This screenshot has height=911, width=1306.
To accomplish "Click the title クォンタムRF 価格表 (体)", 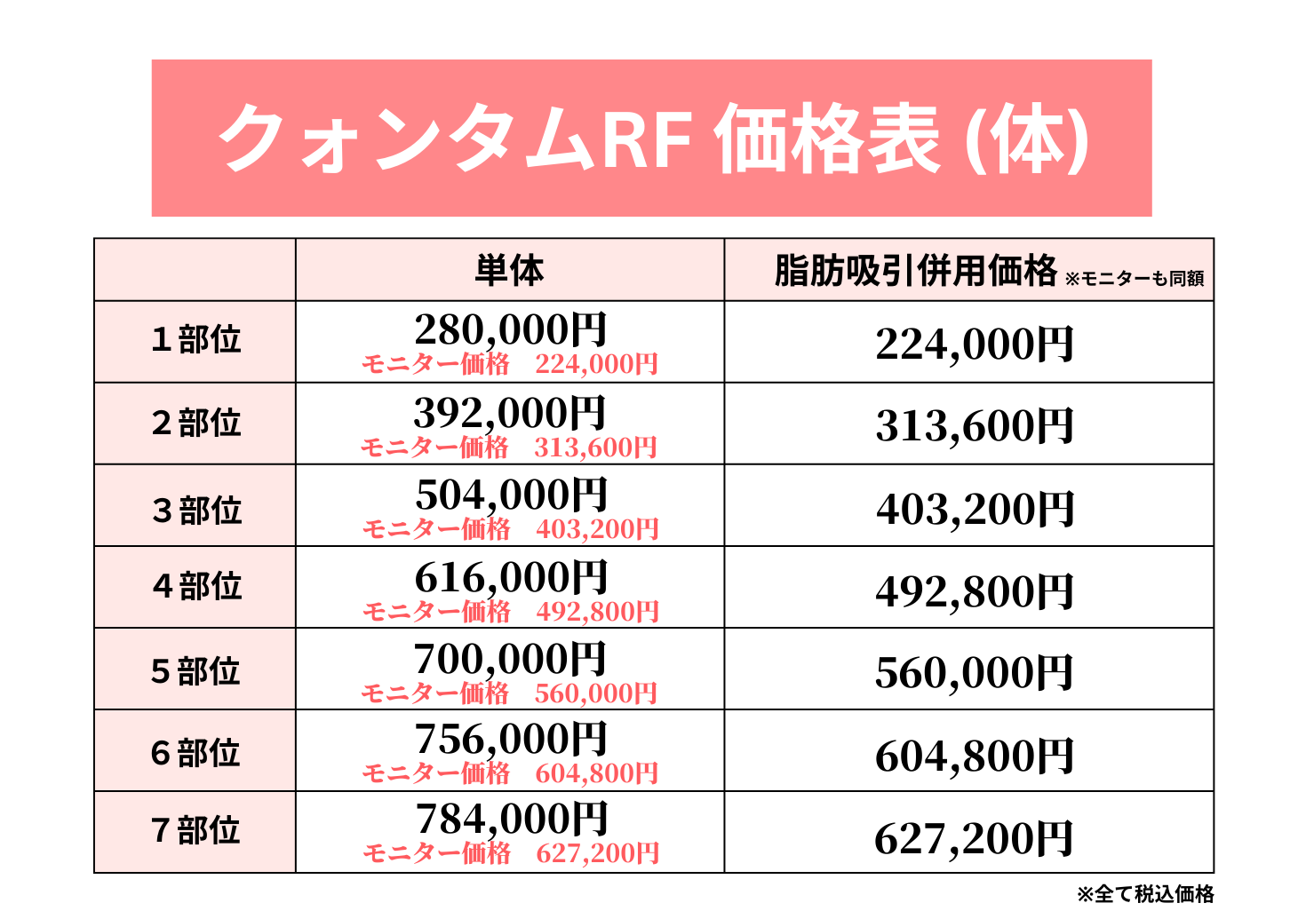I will [x=653, y=139].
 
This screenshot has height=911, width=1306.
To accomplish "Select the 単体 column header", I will [x=509, y=270].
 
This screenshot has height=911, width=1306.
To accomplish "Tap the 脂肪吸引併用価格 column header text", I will [x=915, y=270].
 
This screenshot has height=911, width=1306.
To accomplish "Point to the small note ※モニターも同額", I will [x=1134, y=279].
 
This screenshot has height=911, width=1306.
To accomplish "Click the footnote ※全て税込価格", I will [x=1145, y=893].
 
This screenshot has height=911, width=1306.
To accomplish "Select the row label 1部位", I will [x=195, y=339].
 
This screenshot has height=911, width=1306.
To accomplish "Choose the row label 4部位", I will [x=196, y=586].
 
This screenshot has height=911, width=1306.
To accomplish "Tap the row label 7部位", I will [x=195, y=830].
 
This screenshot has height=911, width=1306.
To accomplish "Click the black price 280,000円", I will [x=510, y=329].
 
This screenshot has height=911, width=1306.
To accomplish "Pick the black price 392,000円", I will [x=510, y=412].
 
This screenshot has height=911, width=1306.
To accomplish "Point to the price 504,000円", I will [x=511, y=495].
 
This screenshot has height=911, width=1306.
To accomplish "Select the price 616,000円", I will [x=511, y=577].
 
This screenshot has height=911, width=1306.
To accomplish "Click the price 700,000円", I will [x=510, y=659].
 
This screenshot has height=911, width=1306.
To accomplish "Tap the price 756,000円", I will [x=511, y=739].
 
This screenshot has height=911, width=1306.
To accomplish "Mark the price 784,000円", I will [x=511, y=819].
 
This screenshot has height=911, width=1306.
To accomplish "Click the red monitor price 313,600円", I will [x=595, y=447].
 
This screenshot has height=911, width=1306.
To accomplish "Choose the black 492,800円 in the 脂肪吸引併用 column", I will [x=975, y=591].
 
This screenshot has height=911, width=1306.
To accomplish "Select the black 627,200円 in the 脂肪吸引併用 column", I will [x=974, y=838].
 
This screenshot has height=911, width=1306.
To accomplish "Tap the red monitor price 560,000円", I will [x=595, y=693].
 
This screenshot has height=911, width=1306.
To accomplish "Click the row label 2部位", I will [x=195, y=423].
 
